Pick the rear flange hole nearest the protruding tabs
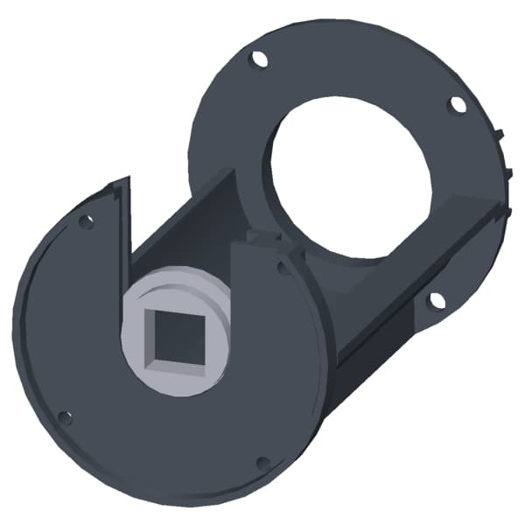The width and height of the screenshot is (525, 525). [x=457, y=105]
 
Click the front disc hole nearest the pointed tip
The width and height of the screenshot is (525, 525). [x=86, y=221]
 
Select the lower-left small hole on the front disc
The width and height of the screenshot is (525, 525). [x=64, y=417]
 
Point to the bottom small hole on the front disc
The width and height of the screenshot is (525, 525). [x=262, y=463]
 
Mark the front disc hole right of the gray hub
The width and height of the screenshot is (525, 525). [x=282, y=269]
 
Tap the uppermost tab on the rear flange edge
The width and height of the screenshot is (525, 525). [x=500, y=134]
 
